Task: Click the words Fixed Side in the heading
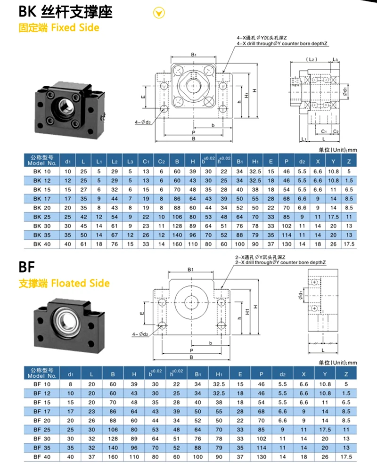click(75, 27)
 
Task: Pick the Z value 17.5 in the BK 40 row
click(348, 244)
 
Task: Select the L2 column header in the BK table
click(115, 162)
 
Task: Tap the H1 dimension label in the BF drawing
click(246, 309)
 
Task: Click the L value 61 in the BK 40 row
click(83, 244)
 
